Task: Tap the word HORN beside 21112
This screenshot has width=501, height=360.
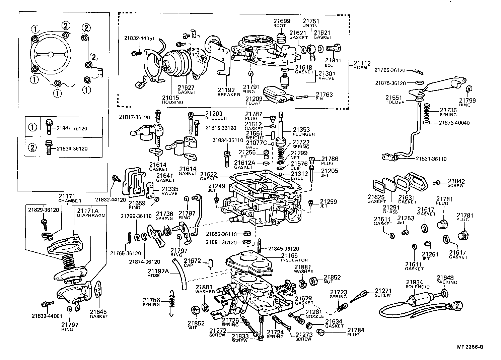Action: pos(360,68)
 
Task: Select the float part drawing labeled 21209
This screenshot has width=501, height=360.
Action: pos(274,94)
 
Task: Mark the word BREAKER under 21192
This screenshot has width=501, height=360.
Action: pos(229,95)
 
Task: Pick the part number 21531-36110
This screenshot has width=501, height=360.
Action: pos(431,159)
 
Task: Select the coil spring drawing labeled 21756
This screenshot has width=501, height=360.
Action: pos(172,302)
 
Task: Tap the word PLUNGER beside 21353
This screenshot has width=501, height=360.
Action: pos(304,134)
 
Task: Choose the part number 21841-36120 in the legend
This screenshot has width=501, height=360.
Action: pos(72,128)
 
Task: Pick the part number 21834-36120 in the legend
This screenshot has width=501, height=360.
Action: pos(72,148)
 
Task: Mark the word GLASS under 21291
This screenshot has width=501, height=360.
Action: pos(390,212)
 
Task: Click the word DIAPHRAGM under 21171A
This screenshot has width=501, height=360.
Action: pos(91,216)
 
